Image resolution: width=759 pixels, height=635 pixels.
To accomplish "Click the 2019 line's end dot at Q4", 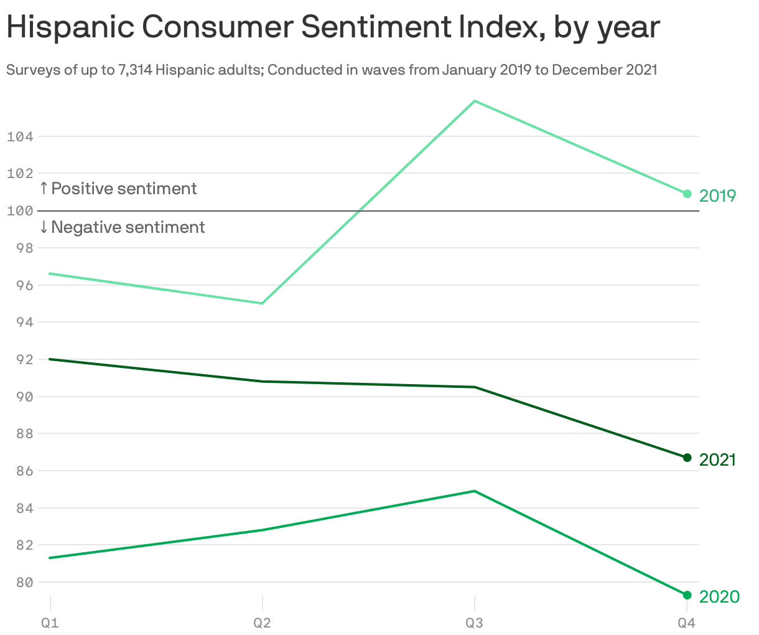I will (x=687, y=194).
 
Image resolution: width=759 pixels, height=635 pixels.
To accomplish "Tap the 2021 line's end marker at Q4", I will (x=687, y=458).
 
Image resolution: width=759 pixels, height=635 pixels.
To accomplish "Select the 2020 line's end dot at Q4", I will (x=687, y=595).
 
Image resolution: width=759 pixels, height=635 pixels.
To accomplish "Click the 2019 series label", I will (x=717, y=196).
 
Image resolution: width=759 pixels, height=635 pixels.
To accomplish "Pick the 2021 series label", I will (x=717, y=460).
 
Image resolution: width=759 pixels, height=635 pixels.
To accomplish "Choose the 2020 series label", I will (x=719, y=597).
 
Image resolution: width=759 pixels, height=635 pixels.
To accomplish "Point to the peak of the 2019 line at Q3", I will (x=475, y=101).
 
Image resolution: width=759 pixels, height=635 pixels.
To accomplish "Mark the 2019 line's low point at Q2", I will (x=263, y=303).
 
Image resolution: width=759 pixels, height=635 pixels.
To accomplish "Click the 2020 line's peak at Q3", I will (x=475, y=491).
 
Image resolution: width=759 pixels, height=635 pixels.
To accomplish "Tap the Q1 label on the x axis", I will (x=50, y=623).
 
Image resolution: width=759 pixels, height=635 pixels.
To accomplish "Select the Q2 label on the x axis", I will (x=262, y=623).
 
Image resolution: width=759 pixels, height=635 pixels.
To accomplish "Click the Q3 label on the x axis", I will (x=475, y=623).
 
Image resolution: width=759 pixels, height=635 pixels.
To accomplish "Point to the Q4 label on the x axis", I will (x=686, y=623).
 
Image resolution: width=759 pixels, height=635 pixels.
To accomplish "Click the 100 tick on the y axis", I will (x=20, y=211).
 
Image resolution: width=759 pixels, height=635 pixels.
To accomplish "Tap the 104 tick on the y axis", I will (x=20, y=136).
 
